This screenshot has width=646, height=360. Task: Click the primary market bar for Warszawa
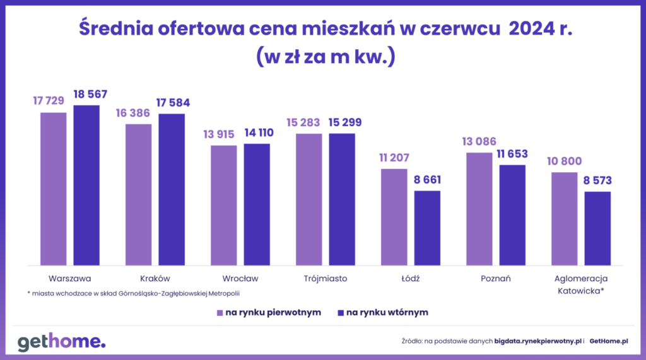coord(54,189)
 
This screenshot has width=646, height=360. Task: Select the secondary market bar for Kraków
coord(172,189)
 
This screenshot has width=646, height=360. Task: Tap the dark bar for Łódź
coord(427,228)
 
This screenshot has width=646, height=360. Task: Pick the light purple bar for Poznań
coord(479,209)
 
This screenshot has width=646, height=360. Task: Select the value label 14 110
coord(257,134)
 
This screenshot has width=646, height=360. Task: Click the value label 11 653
coord(512,154)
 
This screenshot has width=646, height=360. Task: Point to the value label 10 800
coord(564,161)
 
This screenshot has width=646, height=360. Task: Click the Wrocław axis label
coord(240,278)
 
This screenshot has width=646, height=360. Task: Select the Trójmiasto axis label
coord(326,278)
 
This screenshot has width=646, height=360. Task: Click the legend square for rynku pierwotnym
coord(220,312)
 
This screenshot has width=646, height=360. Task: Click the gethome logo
coord(61,342)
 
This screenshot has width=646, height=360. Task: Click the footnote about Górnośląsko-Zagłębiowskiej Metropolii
coord(133,293)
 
